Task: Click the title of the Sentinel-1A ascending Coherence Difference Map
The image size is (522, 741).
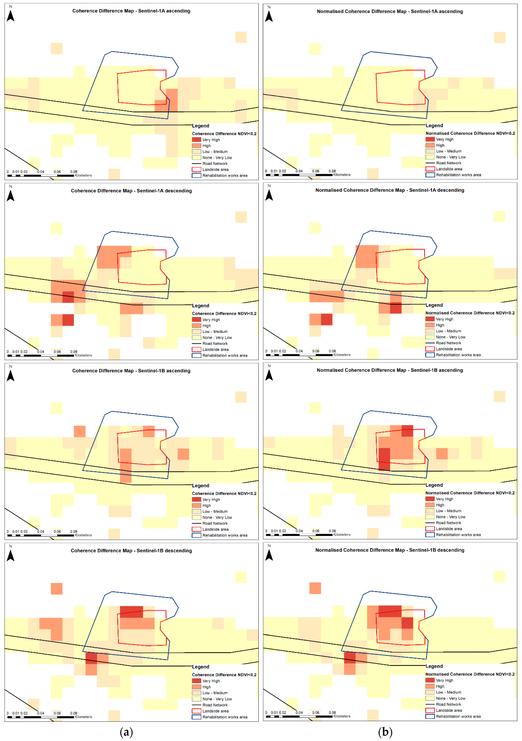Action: (x=131, y=11)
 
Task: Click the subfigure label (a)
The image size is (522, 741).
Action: (x=126, y=732)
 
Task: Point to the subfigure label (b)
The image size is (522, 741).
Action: (x=385, y=732)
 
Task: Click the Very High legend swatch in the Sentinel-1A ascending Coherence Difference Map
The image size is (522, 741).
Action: (x=196, y=140)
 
